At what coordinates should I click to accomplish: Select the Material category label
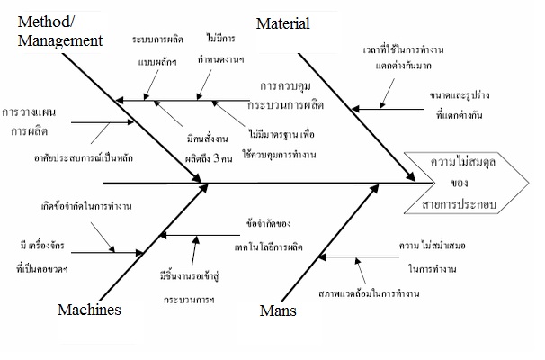pos(282,23)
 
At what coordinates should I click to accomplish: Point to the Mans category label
pos(277,313)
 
